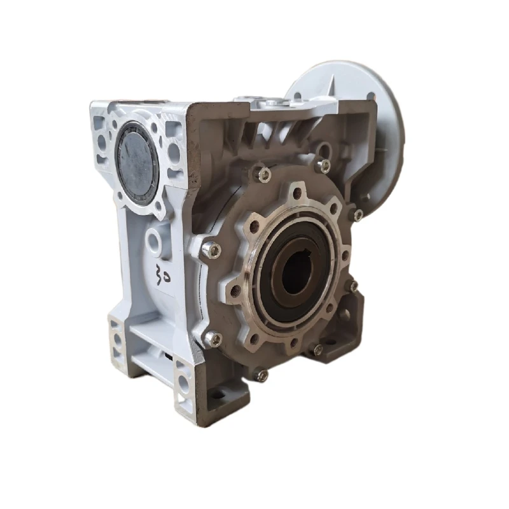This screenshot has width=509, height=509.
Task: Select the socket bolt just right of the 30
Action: [211, 251]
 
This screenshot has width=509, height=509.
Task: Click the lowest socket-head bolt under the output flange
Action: [261, 376]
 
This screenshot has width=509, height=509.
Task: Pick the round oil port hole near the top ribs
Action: [324, 150]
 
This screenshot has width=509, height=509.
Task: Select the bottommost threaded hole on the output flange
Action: [293, 344]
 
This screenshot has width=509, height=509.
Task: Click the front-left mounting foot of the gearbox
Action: [118, 344]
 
